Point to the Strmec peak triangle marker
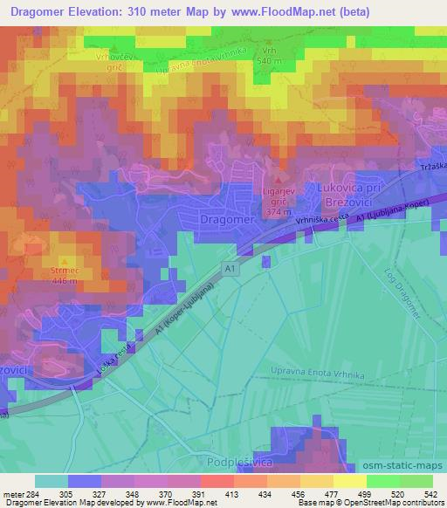click(x=64, y=260)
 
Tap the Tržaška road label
click(x=431, y=167)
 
